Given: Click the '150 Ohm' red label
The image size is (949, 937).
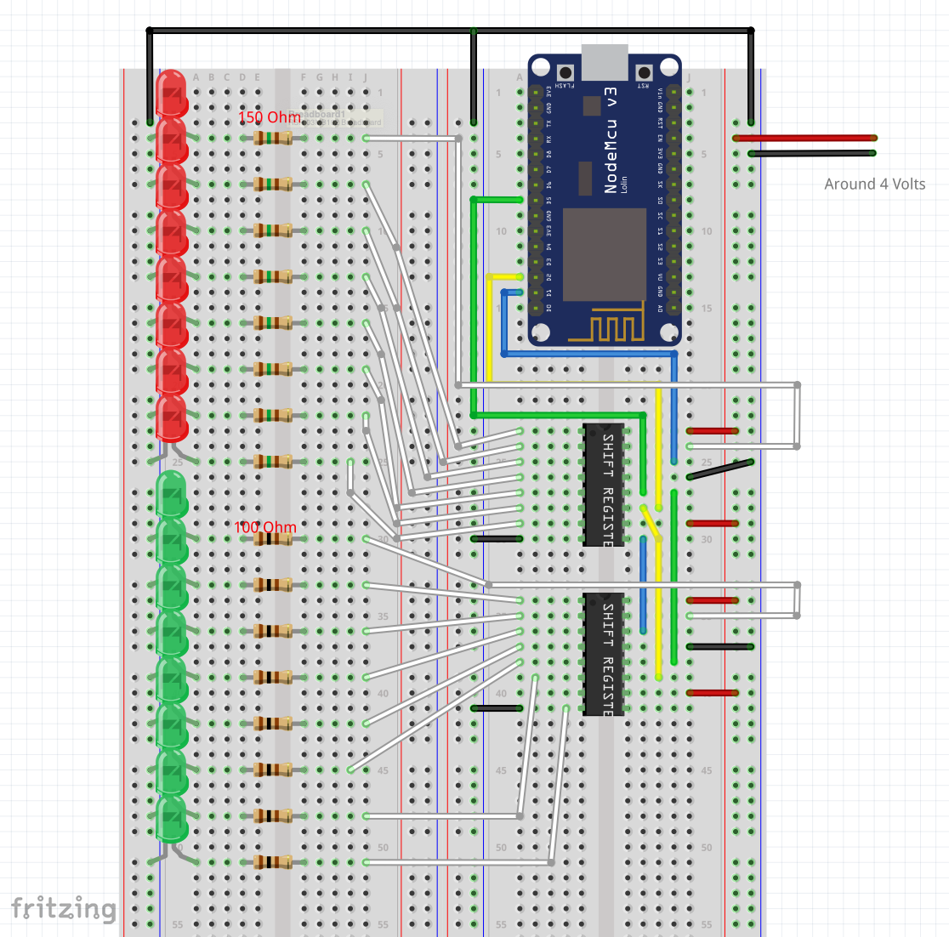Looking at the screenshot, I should point(269,117).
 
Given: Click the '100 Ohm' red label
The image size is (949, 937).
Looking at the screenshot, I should point(265,527).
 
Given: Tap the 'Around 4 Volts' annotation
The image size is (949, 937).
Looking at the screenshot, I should point(874,184).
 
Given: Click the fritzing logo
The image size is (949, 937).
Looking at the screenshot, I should point(64,908).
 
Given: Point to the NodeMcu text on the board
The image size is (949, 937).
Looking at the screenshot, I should point(611,140).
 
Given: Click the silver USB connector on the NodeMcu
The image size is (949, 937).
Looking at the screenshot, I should point(605,61).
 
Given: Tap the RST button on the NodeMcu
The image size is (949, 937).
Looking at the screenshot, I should point(644,72).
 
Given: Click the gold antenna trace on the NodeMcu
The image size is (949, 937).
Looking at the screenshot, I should point(605,328).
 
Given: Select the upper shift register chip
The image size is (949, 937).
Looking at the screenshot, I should point(604,485).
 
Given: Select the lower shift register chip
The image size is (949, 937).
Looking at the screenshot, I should point(604,654).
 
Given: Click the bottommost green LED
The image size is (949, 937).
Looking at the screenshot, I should point(171,818).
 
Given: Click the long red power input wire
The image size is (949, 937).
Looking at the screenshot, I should point(804,138).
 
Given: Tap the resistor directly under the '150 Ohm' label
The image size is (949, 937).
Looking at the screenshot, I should point(272,138).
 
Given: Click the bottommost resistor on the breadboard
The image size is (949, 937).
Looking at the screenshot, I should point(272,862).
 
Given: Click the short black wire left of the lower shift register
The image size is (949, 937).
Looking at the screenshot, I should point(496,707).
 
